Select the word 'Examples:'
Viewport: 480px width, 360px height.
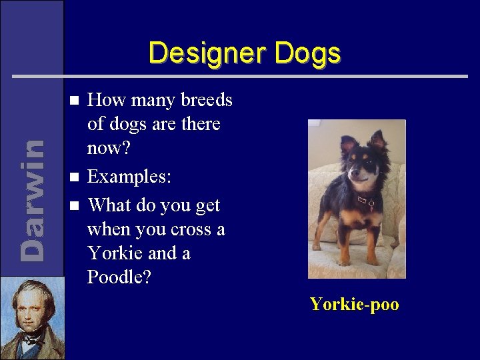[x=129, y=178]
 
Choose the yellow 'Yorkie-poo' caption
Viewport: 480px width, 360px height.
[x=354, y=305]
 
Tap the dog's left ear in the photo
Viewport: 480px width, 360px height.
[x=379, y=139]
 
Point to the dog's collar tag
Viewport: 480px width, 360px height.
[x=365, y=199]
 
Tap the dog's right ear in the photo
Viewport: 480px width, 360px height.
[x=347, y=143]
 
